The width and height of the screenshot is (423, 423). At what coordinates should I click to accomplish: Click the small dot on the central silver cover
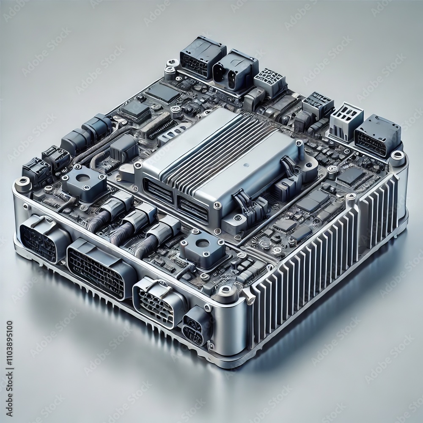tap(245, 165)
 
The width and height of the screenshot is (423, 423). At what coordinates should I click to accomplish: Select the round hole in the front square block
tap(202, 243)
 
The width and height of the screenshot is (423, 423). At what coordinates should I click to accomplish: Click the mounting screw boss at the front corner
tap(224, 292)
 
